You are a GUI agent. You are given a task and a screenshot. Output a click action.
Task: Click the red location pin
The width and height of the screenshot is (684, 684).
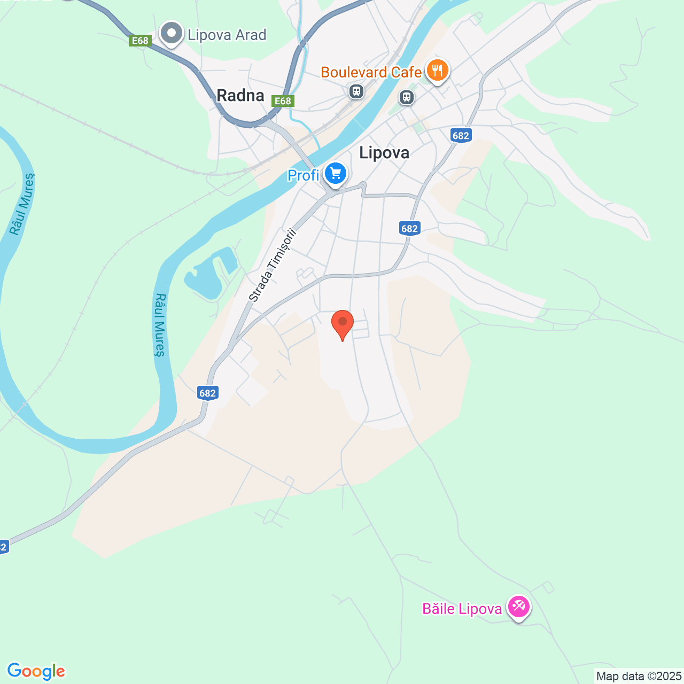(343, 323)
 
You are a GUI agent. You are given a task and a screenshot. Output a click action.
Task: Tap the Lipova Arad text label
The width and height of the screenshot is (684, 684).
(227, 35)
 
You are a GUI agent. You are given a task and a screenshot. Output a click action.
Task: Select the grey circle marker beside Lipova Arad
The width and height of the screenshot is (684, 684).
(172, 34)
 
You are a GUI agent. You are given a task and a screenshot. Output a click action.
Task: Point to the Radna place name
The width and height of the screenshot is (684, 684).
(240, 96)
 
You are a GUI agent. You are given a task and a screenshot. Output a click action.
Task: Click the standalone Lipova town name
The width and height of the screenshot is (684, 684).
(384, 153)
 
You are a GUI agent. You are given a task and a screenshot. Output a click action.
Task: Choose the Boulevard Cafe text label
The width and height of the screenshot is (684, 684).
(371, 73)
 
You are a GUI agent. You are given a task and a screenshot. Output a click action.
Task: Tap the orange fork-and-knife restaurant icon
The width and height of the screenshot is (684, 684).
(437, 70)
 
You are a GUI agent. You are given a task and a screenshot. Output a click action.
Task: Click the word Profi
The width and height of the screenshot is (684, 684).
(303, 175)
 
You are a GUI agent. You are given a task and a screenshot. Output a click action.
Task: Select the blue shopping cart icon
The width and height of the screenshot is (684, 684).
(336, 174)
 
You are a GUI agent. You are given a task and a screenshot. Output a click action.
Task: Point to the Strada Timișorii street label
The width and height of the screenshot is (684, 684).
(272, 266)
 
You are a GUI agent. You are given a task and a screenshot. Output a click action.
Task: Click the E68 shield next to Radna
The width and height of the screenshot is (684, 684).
(282, 101)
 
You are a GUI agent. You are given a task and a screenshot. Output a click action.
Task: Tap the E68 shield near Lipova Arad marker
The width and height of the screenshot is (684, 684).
(140, 41)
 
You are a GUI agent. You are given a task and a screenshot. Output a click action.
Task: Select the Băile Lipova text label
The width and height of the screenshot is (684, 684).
(462, 609)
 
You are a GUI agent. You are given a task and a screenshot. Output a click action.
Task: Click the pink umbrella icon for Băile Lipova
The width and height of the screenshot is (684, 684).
(518, 607)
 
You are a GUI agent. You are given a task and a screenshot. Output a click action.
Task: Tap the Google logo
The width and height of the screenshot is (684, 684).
(36, 671)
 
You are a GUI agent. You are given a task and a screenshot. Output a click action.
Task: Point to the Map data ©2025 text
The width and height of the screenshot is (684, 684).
(639, 677)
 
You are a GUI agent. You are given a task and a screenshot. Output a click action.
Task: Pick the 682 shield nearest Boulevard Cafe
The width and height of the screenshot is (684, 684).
(461, 135)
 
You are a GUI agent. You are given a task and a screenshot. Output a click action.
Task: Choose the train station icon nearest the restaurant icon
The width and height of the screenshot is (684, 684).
(407, 97)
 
